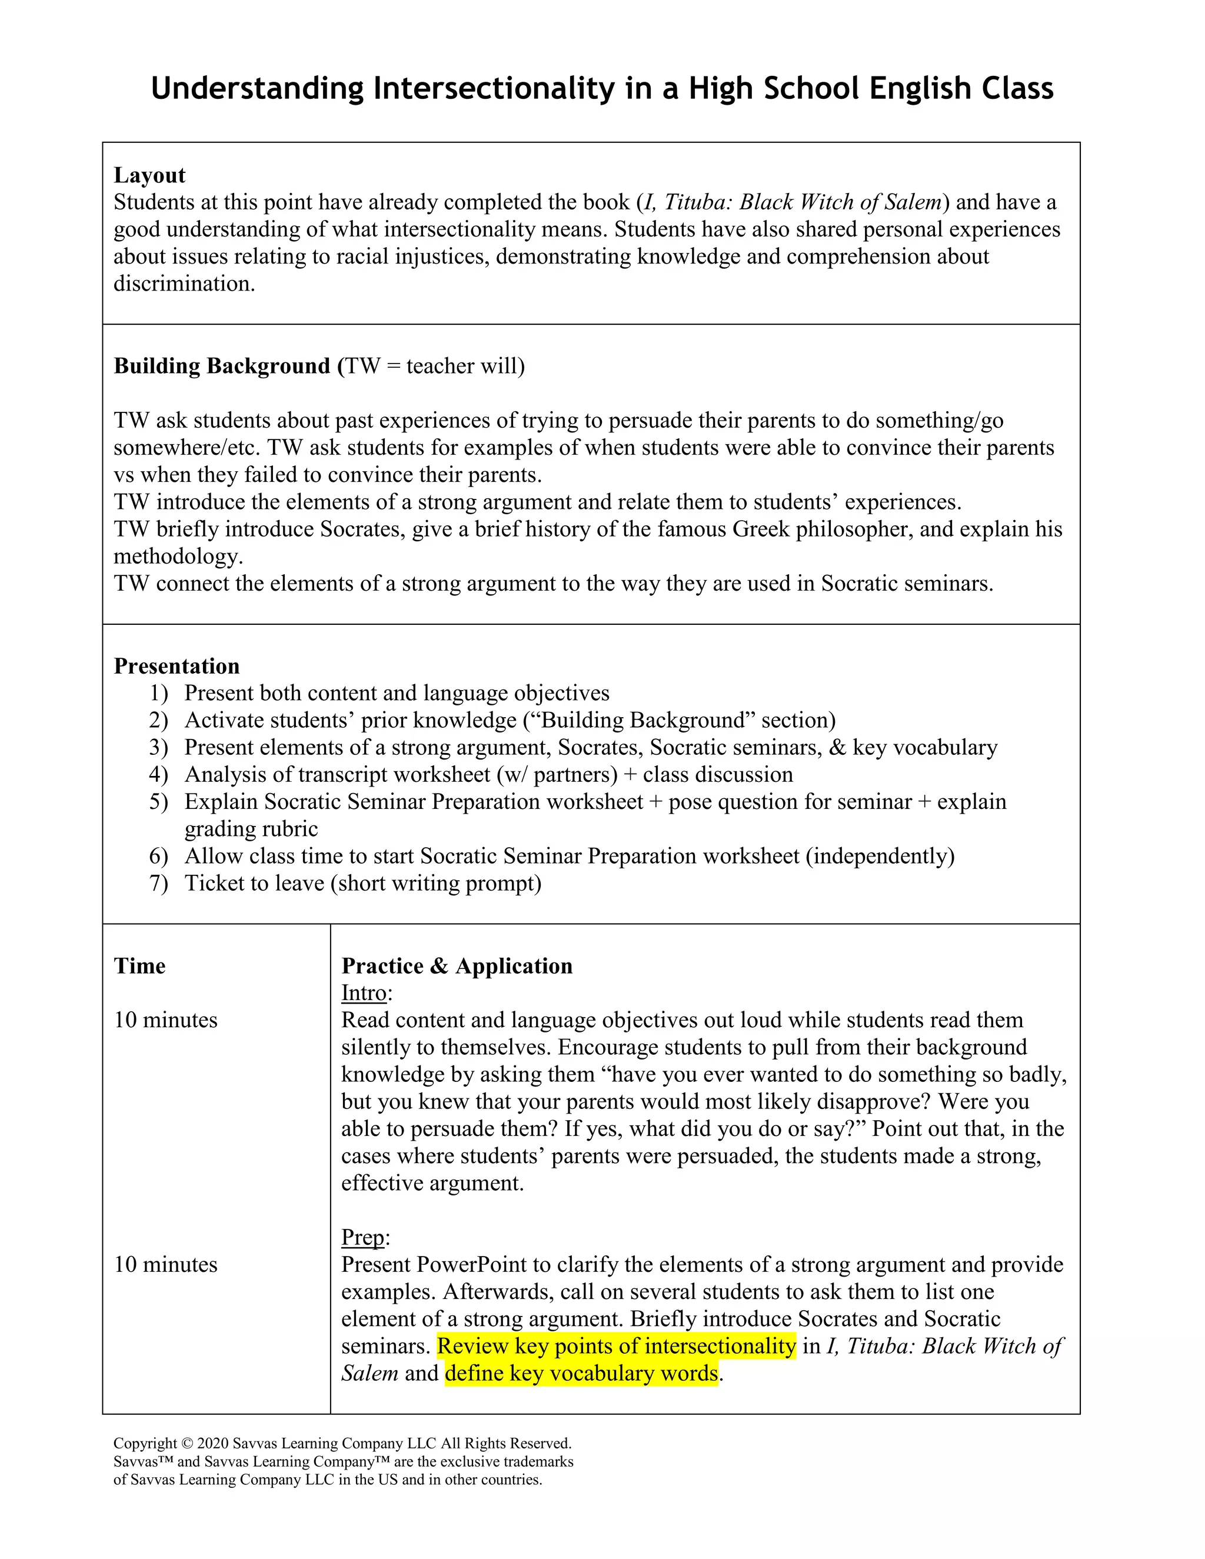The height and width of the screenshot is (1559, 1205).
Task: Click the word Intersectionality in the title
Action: point(493,88)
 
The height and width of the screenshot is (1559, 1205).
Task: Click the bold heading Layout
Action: point(149,175)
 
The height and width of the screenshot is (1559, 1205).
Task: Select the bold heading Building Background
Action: point(221,365)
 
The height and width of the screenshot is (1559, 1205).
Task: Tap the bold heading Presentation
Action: point(177,666)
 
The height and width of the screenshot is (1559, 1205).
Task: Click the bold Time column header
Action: point(139,966)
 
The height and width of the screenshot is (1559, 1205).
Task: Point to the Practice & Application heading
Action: point(457,966)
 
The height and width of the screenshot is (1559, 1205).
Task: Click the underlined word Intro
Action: point(364,993)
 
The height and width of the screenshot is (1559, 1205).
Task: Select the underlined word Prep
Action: point(362,1237)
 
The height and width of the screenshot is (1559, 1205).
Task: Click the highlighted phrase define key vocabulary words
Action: point(581,1374)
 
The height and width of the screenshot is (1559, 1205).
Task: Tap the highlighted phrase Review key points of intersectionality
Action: point(616,1346)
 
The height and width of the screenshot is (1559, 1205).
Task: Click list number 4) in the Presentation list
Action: point(158,775)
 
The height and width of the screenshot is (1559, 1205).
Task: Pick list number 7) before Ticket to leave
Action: point(158,884)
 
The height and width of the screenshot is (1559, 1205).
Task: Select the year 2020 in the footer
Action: point(213,1443)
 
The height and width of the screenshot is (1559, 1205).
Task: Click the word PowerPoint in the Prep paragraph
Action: point(474,1265)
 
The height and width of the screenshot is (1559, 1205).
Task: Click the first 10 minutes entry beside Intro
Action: point(165,1020)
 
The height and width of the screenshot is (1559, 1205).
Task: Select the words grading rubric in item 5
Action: point(251,830)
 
